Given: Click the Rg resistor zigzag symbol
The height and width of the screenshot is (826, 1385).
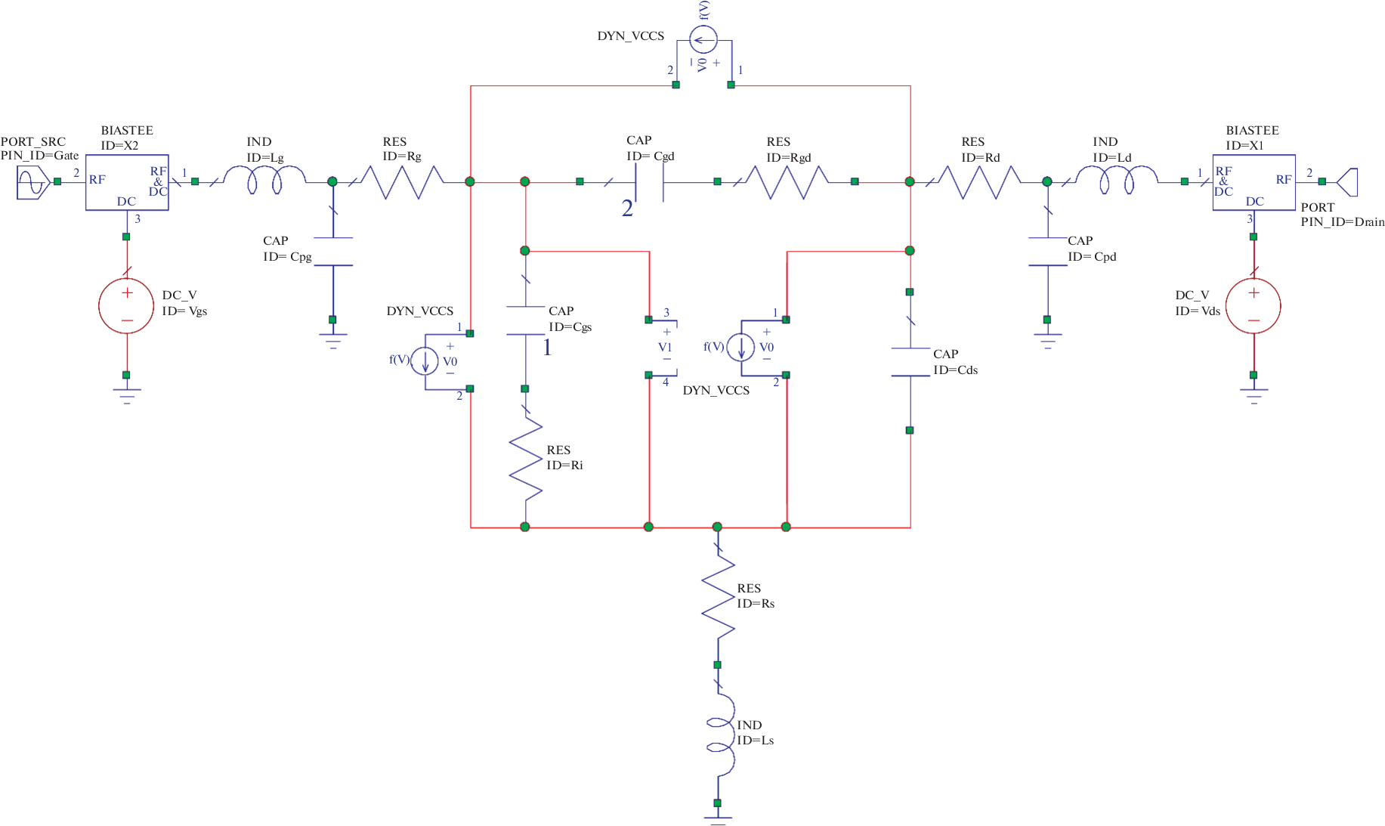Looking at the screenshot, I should (x=402, y=182).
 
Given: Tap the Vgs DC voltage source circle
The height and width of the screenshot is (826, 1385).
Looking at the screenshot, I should (x=126, y=306).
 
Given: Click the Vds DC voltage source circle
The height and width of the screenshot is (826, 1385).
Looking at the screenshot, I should (x=1253, y=306).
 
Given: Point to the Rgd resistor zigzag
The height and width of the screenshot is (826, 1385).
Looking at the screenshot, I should (x=787, y=182).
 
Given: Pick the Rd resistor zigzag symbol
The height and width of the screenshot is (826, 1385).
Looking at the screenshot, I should (x=980, y=182).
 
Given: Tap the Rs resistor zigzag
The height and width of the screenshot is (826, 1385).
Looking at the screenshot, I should (x=718, y=596).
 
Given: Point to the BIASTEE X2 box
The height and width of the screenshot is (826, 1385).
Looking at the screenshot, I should (x=126, y=182).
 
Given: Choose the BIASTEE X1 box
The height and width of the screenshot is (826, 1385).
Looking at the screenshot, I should (x=1254, y=182).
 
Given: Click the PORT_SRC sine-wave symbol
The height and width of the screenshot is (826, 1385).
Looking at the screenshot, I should (x=32, y=182).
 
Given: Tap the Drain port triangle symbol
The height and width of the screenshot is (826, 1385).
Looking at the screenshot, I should (x=1347, y=182).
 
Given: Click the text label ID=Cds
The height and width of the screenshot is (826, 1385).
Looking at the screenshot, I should (x=955, y=370).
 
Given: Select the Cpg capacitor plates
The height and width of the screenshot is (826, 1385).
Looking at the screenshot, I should (x=333, y=252).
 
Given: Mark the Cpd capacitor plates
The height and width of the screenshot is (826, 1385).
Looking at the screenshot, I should (x=1047, y=252).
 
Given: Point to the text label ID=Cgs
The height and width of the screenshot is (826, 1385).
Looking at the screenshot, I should (x=570, y=327).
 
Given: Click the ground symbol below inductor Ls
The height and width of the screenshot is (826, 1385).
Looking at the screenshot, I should (x=717, y=818).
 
